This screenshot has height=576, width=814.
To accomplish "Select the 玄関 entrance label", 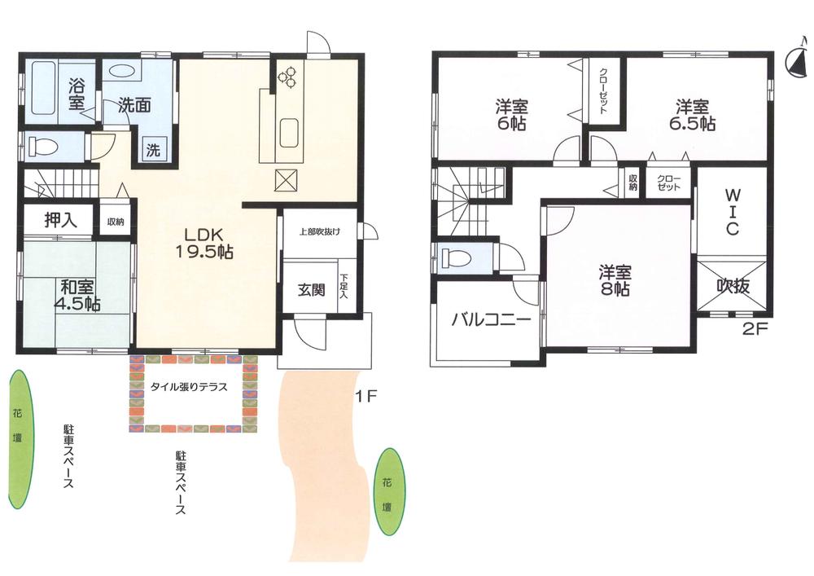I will click(x=311, y=288).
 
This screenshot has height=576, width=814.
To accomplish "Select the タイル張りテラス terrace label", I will click(x=188, y=387).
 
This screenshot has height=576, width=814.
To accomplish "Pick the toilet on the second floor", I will click(x=453, y=258).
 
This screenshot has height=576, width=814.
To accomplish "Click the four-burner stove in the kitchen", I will click(x=288, y=77).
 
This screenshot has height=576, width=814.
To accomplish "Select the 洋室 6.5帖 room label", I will click(x=694, y=116).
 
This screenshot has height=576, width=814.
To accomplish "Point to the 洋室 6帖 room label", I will click(x=511, y=116).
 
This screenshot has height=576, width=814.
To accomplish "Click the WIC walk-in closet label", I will click(x=732, y=213).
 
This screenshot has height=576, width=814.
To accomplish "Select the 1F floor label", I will click(x=364, y=398).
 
